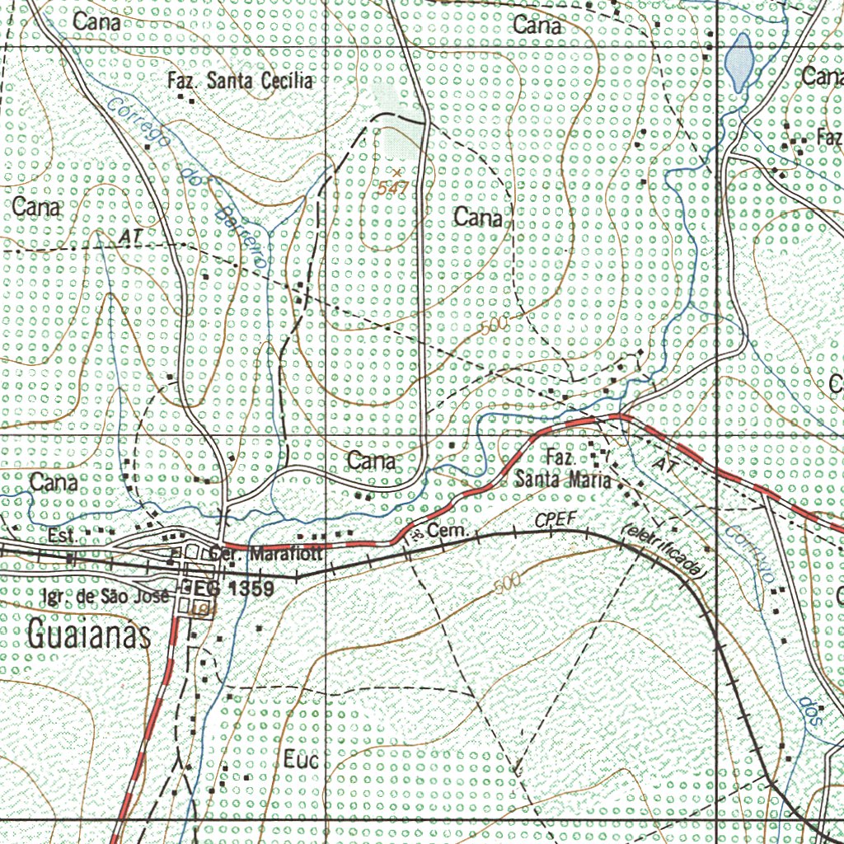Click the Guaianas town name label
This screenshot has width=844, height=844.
click(89, 635)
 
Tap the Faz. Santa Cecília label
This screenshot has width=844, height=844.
click(240, 81)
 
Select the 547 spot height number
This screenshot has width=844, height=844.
click(393, 189)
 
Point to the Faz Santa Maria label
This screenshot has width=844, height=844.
click(564, 468)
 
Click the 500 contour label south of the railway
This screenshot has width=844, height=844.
click(509, 586)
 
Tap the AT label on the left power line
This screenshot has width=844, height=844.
click(129, 237)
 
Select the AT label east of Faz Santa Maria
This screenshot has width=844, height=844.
click(663, 467)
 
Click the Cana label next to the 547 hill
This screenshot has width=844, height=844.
click(478, 218)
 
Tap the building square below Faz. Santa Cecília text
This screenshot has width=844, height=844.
click(194, 101)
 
